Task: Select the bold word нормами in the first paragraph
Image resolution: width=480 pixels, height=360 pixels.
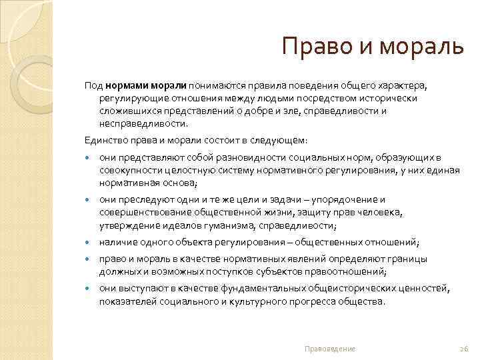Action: [126, 86]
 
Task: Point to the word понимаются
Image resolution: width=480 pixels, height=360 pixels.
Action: [214, 86]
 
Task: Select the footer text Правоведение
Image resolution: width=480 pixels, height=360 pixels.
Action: [330, 349]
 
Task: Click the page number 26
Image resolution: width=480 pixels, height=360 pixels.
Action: [465, 349]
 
